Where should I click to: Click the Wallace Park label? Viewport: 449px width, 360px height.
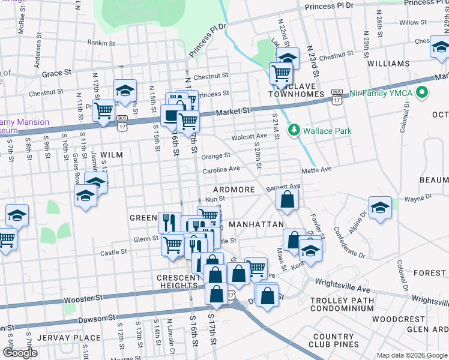click(319, 131)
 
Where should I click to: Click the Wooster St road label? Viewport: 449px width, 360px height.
click(85, 298)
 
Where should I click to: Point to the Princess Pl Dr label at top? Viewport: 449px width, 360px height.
click(330, 6)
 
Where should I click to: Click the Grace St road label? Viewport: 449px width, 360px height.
click(56, 73)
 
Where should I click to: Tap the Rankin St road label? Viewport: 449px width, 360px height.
click(100, 43)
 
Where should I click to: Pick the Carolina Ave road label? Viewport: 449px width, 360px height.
click(221, 170)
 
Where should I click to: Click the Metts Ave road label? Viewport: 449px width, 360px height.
click(317, 170)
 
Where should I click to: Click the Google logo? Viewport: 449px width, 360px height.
click(19, 353)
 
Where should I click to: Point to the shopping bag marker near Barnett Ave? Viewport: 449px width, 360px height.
click(288, 200)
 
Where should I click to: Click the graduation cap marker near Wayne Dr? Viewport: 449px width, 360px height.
click(380, 207)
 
